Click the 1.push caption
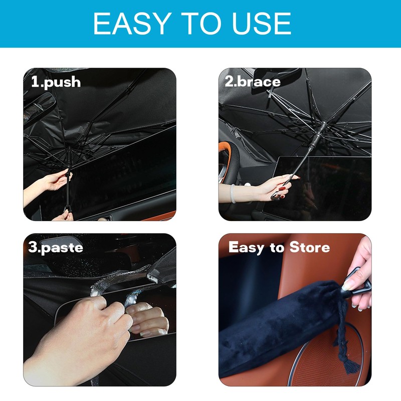(x=56, y=82)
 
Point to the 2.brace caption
(x=252, y=81)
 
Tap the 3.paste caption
(x=56, y=247)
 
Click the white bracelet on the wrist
(x=233, y=193)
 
